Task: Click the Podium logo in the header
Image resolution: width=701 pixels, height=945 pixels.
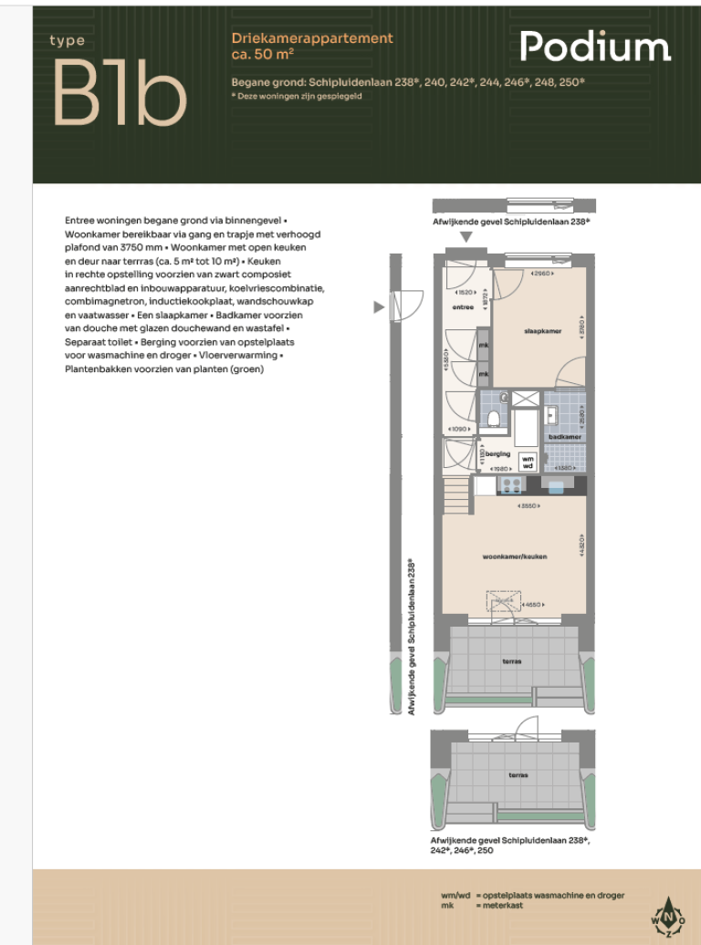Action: click(x=595, y=47)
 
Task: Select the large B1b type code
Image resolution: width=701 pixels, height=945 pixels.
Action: click(x=119, y=94)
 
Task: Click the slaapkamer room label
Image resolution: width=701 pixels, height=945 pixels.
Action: click(x=542, y=330)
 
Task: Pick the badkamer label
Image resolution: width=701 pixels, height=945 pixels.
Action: click(x=565, y=437)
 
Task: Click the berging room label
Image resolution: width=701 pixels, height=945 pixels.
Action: click(x=497, y=453)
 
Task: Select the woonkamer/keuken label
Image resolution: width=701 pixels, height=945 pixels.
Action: click(x=515, y=556)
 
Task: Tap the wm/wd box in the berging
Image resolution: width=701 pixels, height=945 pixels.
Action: click(x=527, y=461)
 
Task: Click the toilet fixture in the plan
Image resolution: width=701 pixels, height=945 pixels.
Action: click(x=493, y=419)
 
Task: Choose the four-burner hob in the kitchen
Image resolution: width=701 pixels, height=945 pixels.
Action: click(x=511, y=485)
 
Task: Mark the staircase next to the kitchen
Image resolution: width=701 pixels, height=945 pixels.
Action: click(x=455, y=498)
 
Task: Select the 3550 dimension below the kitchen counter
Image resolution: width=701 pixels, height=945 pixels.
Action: click(x=527, y=506)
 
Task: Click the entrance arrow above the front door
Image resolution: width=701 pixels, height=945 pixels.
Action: click(x=466, y=237)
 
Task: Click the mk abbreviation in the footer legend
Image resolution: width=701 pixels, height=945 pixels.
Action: click(x=446, y=907)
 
